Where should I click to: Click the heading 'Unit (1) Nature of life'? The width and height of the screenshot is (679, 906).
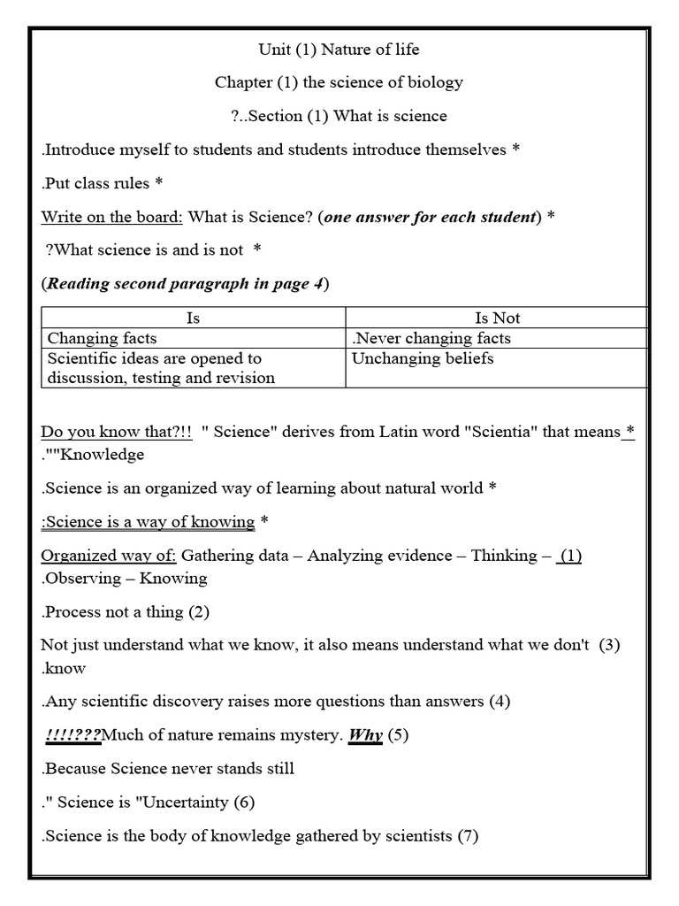click(x=339, y=49)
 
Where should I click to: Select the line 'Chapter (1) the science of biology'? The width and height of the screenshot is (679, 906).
click(x=339, y=82)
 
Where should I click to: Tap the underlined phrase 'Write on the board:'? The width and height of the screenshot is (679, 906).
click(x=112, y=217)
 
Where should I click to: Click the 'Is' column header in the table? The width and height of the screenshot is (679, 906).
click(x=194, y=318)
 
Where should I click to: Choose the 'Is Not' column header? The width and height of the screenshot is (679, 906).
click(x=498, y=318)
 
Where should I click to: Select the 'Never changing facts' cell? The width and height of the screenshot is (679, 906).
click(x=431, y=338)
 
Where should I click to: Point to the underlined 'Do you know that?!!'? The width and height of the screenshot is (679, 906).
click(x=117, y=432)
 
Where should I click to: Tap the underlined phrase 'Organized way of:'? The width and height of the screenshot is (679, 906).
click(x=109, y=556)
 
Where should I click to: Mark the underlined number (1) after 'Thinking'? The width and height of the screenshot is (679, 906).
click(x=570, y=556)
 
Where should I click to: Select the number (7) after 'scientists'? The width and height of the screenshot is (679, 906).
click(x=468, y=836)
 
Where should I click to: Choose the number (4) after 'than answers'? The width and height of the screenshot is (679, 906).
click(x=500, y=702)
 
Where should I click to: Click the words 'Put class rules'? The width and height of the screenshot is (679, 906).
click(x=96, y=183)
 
